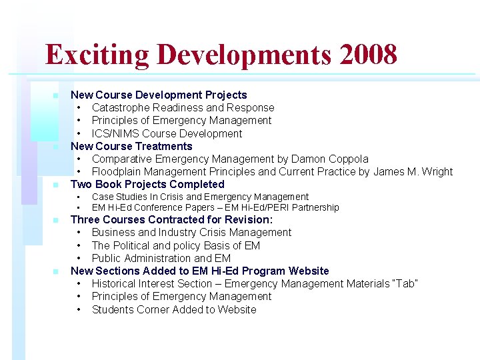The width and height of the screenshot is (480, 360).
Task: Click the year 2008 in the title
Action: click(368, 54)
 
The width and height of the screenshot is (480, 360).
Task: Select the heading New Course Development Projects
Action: click(159, 95)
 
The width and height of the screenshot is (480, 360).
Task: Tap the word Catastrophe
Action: click(121, 107)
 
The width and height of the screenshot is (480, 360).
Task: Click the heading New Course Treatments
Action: click(131, 146)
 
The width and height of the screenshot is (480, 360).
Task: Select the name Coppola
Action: click(348, 159)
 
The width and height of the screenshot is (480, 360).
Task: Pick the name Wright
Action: click(435, 171)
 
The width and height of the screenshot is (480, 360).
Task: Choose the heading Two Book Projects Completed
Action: click(147, 184)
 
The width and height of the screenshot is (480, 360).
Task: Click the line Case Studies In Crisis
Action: click(200, 197)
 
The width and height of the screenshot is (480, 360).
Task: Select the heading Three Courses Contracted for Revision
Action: click(171, 219)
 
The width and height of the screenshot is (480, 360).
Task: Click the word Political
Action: click(134, 245)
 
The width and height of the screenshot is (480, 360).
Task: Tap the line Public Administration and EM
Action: click(161, 258)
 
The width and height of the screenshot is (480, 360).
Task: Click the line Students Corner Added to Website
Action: click(173, 309)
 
